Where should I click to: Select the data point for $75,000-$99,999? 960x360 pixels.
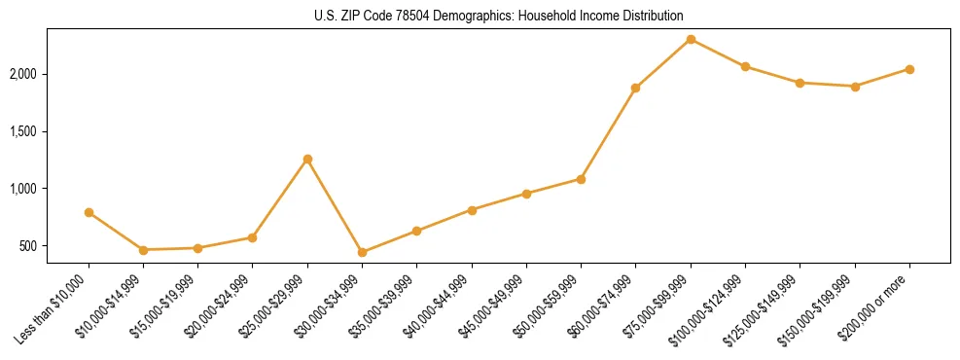tap(691, 39)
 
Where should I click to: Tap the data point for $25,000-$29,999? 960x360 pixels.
tap(307, 159)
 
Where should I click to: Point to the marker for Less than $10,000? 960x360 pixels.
tap(89, 212)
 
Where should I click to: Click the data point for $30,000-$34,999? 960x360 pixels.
tap(362, 252)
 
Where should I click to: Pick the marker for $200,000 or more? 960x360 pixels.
tap(909, 69)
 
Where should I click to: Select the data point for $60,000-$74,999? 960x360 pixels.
tap(635, 88)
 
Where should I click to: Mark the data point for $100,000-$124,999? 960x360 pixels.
tap(745, 66)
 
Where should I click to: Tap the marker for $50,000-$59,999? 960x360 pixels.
tap(581, 179)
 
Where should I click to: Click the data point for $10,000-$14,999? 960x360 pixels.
tap(143, 250)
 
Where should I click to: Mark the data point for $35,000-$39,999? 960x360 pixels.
tap(416, 231)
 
